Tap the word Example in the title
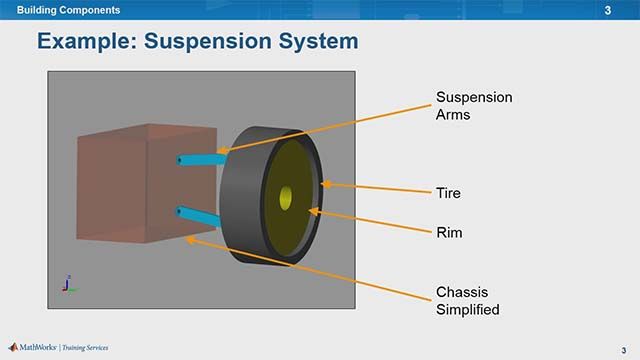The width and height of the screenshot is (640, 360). point(88,42)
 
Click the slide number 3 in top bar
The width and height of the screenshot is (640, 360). point(608,10)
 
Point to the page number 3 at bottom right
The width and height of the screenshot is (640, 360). point(621,349)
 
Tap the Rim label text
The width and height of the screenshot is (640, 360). point(448,232)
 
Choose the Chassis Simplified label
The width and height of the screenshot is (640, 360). point(467,301)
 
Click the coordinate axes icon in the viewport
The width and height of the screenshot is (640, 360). point(66,284)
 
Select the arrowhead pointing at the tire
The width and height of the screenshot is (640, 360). point(325,184)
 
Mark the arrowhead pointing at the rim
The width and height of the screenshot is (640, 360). point(314,211)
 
